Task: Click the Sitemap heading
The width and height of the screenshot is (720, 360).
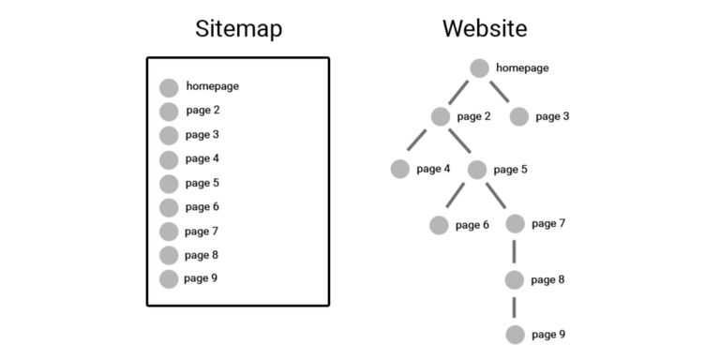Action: tap(238, 29)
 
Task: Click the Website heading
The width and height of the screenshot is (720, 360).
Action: tap(485, 29)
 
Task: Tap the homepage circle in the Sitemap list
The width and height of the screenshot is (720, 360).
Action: tap(169, 87)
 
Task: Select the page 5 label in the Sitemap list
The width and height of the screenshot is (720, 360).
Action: tap(202, 183)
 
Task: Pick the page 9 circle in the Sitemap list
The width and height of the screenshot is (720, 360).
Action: tap(169, 278)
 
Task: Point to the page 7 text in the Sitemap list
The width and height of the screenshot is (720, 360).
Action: tap(202, 231)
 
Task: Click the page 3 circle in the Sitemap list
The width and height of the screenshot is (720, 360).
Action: tap(169, 135)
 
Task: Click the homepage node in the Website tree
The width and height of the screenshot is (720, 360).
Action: tap(479, 67)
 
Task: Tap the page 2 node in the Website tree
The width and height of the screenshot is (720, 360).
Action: tap(442, 117)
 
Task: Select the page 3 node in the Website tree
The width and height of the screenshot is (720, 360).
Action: tap(519, 117)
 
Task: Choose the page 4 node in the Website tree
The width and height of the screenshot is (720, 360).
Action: tap(400, 170)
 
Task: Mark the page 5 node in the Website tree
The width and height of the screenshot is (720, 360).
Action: tap(477, 170)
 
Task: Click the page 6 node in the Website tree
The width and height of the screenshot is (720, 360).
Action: tap(439, 225)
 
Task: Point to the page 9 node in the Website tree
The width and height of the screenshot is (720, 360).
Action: tap(515, 335)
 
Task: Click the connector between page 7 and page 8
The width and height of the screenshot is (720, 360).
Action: tap(515, 251)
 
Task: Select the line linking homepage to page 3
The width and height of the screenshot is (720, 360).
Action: tap(499, 92)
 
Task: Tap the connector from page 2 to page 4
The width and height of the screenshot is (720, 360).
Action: tap(418, 142)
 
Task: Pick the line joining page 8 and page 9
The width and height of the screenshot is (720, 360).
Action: tap(515, 307)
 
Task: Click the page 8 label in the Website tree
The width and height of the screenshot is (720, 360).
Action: tap(547, 279)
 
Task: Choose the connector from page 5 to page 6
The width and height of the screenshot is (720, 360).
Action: tap(457, 196)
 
